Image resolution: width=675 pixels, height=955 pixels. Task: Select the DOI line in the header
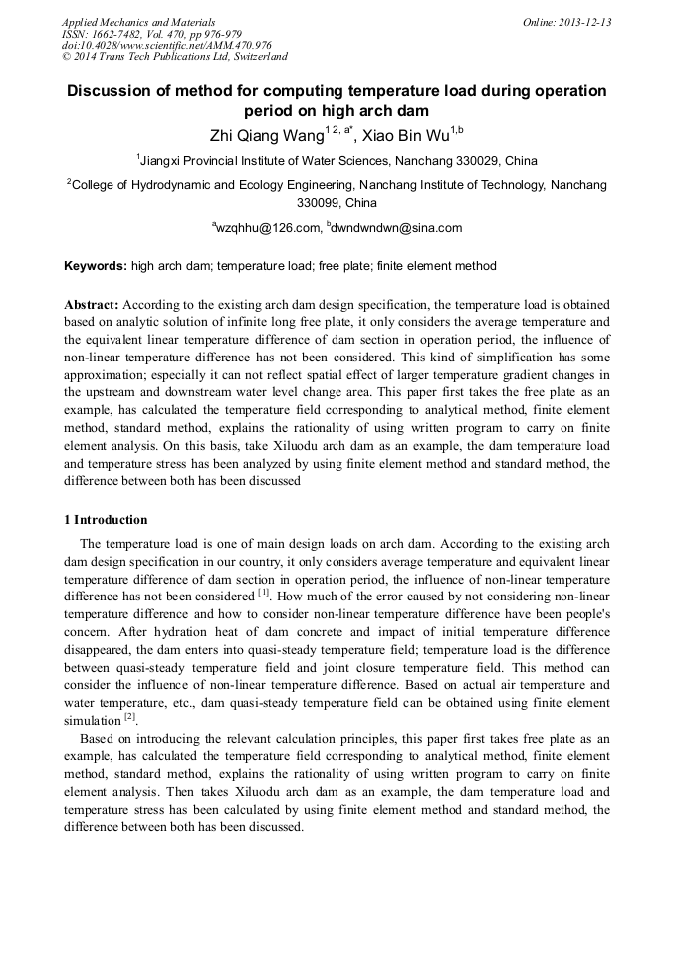(x=166, y=45)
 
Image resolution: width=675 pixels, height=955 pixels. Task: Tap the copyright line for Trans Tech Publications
(x=174, y=57)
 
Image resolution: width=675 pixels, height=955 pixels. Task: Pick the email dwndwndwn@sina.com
(x=400, y=228)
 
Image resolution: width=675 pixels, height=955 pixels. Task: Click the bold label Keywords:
(x=96, y=266)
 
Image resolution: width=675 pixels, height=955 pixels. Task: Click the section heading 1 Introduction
(x=106, y=519)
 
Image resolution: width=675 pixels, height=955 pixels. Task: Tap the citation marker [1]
(x=264, y=593)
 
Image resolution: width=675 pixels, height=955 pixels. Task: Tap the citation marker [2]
(x=129, y=717)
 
